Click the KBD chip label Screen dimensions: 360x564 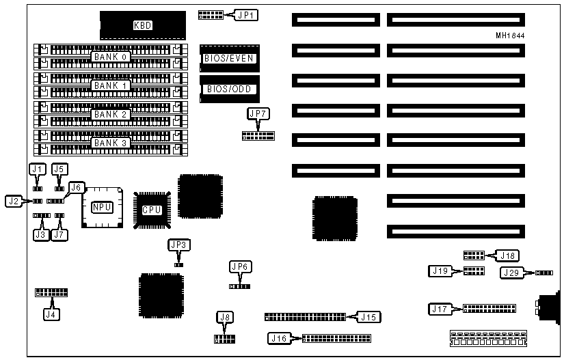(143, 25)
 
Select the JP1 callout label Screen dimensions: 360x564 (244, 14)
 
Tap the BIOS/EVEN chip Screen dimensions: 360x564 (229, 58)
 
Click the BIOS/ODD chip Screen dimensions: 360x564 (229, 89)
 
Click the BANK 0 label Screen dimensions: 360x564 (111, 56)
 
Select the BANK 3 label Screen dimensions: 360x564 (111, 143)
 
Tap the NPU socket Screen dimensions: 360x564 (102, 206)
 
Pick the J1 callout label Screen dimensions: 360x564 (36, 168)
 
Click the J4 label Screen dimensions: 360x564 (50, 314)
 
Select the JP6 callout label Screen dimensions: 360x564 (240, 266)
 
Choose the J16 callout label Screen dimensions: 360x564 (280, 337)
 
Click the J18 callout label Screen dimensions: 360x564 (507, 255)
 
